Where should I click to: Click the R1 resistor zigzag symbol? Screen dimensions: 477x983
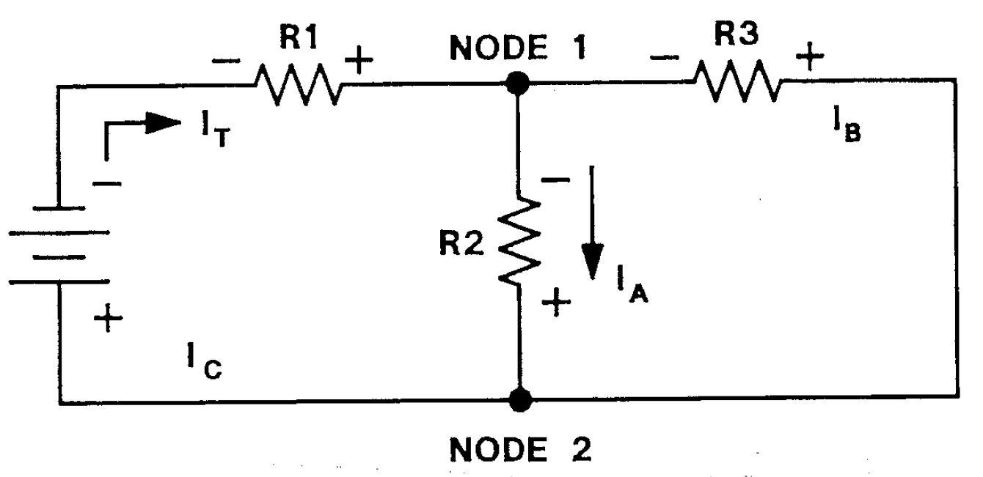(x=299, y=85)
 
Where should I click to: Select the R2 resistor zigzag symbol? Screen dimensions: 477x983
(x=519, y=240)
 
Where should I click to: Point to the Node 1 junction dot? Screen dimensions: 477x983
(x=519, y=83)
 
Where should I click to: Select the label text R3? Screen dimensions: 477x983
(x=738, y=34)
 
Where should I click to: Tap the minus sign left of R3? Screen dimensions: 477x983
(x=665, y=58)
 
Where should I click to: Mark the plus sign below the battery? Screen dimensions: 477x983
(x=109, y=320)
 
